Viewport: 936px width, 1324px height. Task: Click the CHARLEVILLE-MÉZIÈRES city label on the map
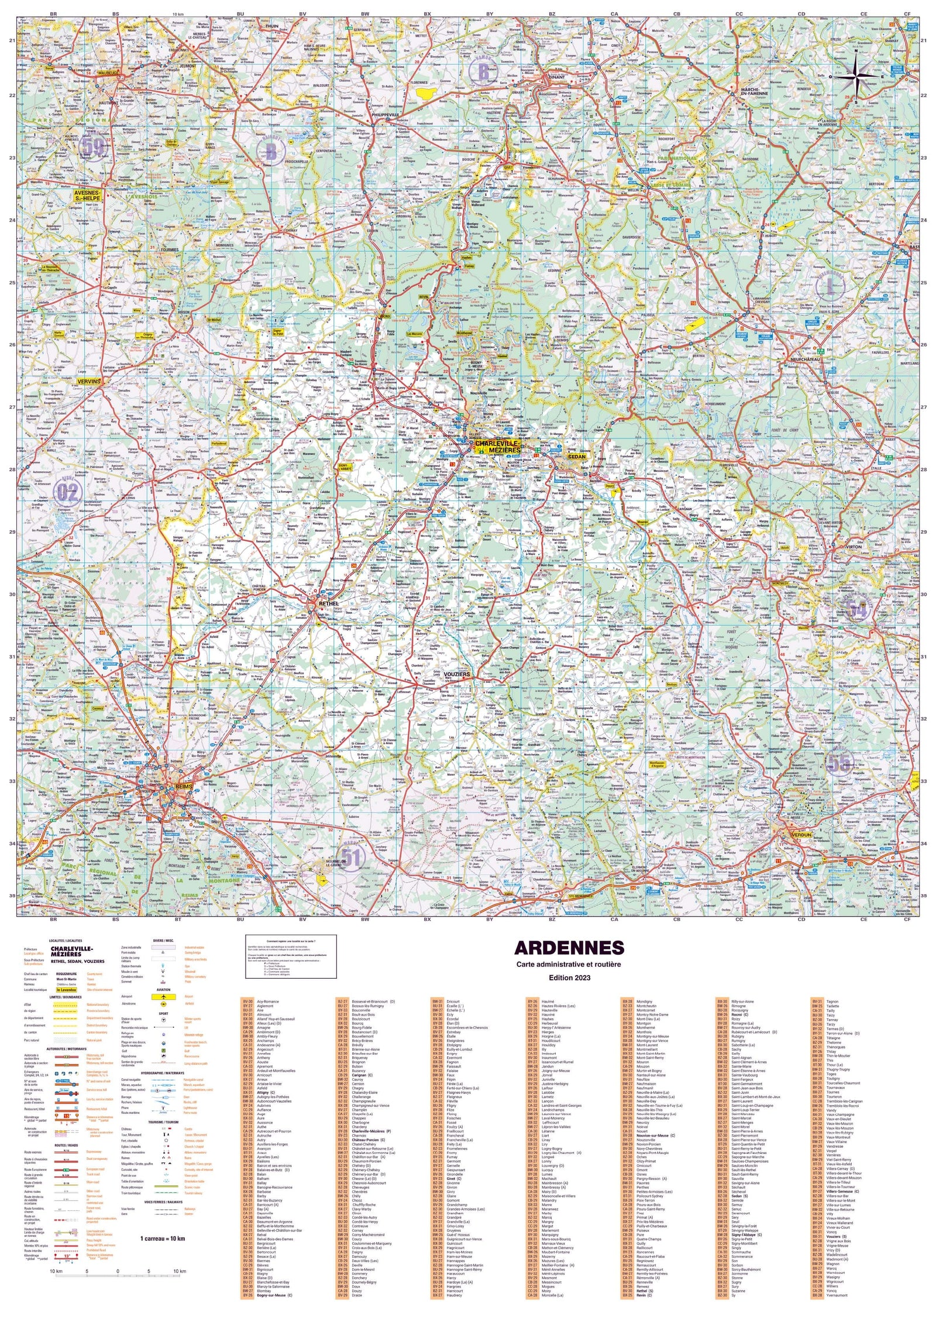coord(497,447)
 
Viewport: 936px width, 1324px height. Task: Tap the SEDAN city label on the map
coord(576,456)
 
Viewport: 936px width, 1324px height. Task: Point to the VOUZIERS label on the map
coord(457,674)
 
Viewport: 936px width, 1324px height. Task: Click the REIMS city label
coord(184,787)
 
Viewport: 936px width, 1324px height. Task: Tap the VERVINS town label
coord(89,381)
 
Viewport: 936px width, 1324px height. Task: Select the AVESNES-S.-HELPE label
coord(87,195)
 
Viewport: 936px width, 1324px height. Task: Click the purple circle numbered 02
coord(67,492)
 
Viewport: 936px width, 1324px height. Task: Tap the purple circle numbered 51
coord(351,857)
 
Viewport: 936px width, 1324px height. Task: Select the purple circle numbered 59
coord(93,145)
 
